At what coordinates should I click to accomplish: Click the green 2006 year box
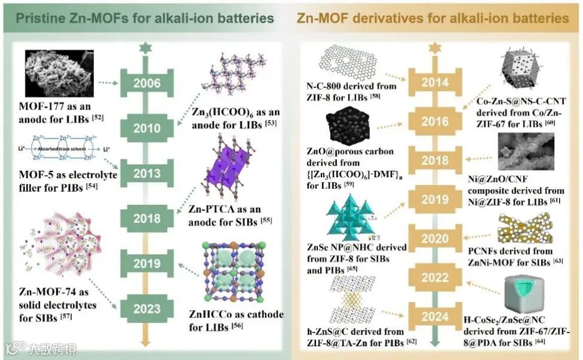pos(146,83)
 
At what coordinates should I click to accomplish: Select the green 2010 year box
pos(146,128)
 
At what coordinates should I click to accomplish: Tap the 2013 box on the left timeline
pos(146,173)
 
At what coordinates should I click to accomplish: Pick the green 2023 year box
pos(146,309)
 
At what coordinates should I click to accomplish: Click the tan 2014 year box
pos(435,83)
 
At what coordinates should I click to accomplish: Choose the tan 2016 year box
pos(435,121)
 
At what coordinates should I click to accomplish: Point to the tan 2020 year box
pos(435,238)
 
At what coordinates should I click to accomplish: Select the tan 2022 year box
pos(435,277)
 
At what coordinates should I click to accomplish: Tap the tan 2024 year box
pos(435,316)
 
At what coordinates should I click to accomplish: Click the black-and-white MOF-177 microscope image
pos(57,77)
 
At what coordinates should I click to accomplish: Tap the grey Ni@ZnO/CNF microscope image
pos(527,152)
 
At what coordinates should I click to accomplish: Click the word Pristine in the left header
pos(41,19)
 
